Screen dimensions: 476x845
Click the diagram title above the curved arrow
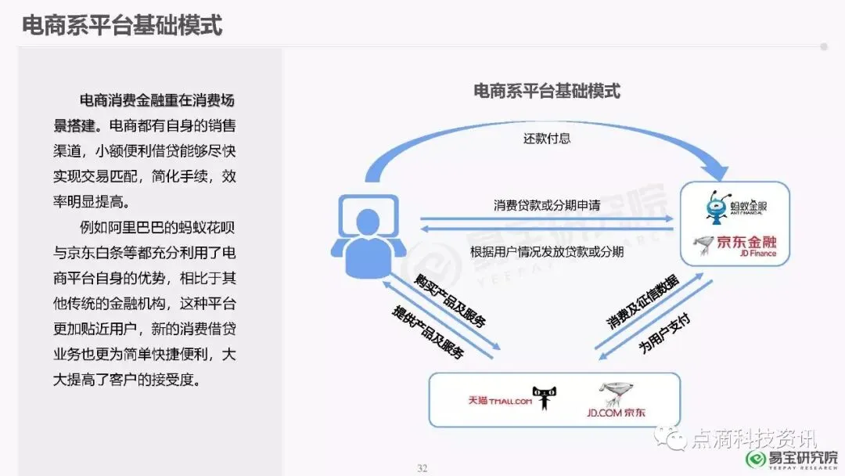(x=547, y=91)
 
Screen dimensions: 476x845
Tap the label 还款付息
(x=547, y=139)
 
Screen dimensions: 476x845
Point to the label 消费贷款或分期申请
(x=547, y=205)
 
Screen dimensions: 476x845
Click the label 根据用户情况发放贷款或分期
(x=547, y=252)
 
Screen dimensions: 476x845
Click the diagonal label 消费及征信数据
(x=642, y=301)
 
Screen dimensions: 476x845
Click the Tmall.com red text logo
(x=499, y=401)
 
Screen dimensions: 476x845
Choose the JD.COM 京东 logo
(x=613, y=400)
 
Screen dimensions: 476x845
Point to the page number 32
(x=422, y=468)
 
